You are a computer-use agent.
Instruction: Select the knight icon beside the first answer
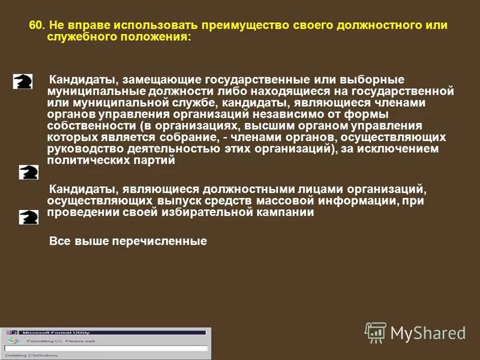[23, 81]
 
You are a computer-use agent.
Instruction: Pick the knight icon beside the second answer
[28, 173]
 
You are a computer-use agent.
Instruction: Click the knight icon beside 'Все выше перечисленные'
[28, 217]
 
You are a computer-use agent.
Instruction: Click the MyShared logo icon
[376, 332]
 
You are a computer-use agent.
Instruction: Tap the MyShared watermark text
[428, 333]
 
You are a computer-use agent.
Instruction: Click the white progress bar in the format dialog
[106, 348]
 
